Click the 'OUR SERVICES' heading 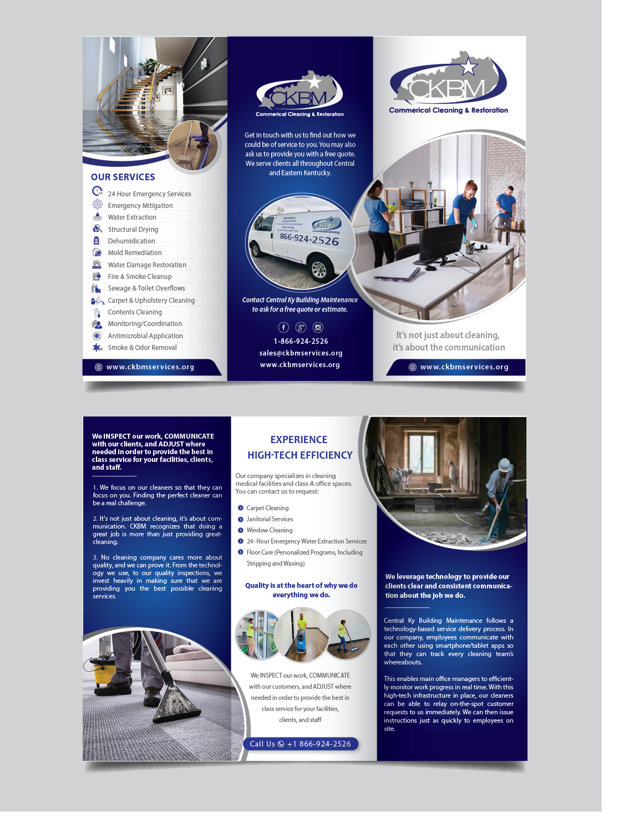pyautogui.click(x=123, y=177)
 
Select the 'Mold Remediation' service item pyautogui.click(x=135, y=253)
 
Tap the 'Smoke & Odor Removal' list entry pyautogui.click(x=142, y=348)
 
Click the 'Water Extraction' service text pyautogui.click(x=132, y=217)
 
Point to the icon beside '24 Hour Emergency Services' pyautogui.click(x=97, y=191)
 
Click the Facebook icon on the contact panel pyautogui.click(x=283, y=327)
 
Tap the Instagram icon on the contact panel pyautogui.click(x=318, y=327)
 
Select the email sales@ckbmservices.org pyautogui.click(x=301, y=353)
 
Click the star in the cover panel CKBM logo pyautogui.click(x=469, y=68)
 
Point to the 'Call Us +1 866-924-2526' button pyautogui.click(x=301, y=744)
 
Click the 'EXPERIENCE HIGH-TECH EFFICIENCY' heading pyautogui.click(x=300, y=447)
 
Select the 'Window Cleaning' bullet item pyautogui.click(x=270, y=530)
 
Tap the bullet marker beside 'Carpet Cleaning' pyautogui.click(x=241, y=508)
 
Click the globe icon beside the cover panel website pyautogui.click(x=413, y=367)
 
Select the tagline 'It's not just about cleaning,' pyautogui.click(x=448, y=335)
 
